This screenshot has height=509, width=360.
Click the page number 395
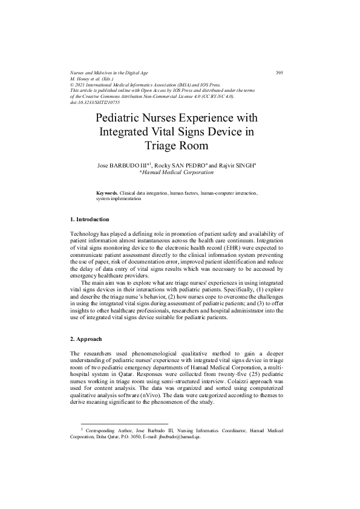click(280, 73)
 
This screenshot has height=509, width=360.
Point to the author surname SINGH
click(248, 164)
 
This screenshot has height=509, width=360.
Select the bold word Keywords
click(107, 193)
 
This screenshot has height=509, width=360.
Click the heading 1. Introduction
click(90, 218)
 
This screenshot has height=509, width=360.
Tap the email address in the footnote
click(176, 439)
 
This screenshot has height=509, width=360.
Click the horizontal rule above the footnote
click(116, 424)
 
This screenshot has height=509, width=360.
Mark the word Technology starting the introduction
click(86, 233)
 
